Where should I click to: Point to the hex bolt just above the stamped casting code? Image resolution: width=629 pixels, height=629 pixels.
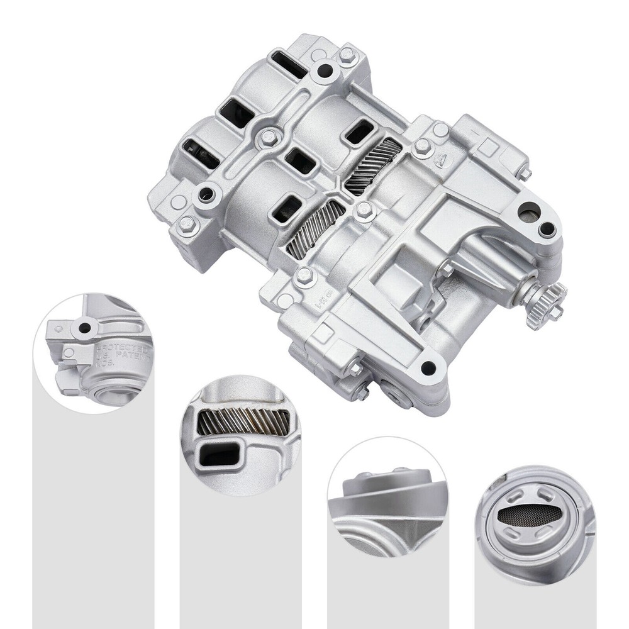[305, 276]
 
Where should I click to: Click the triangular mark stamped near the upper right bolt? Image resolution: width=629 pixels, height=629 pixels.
[445, 159]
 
